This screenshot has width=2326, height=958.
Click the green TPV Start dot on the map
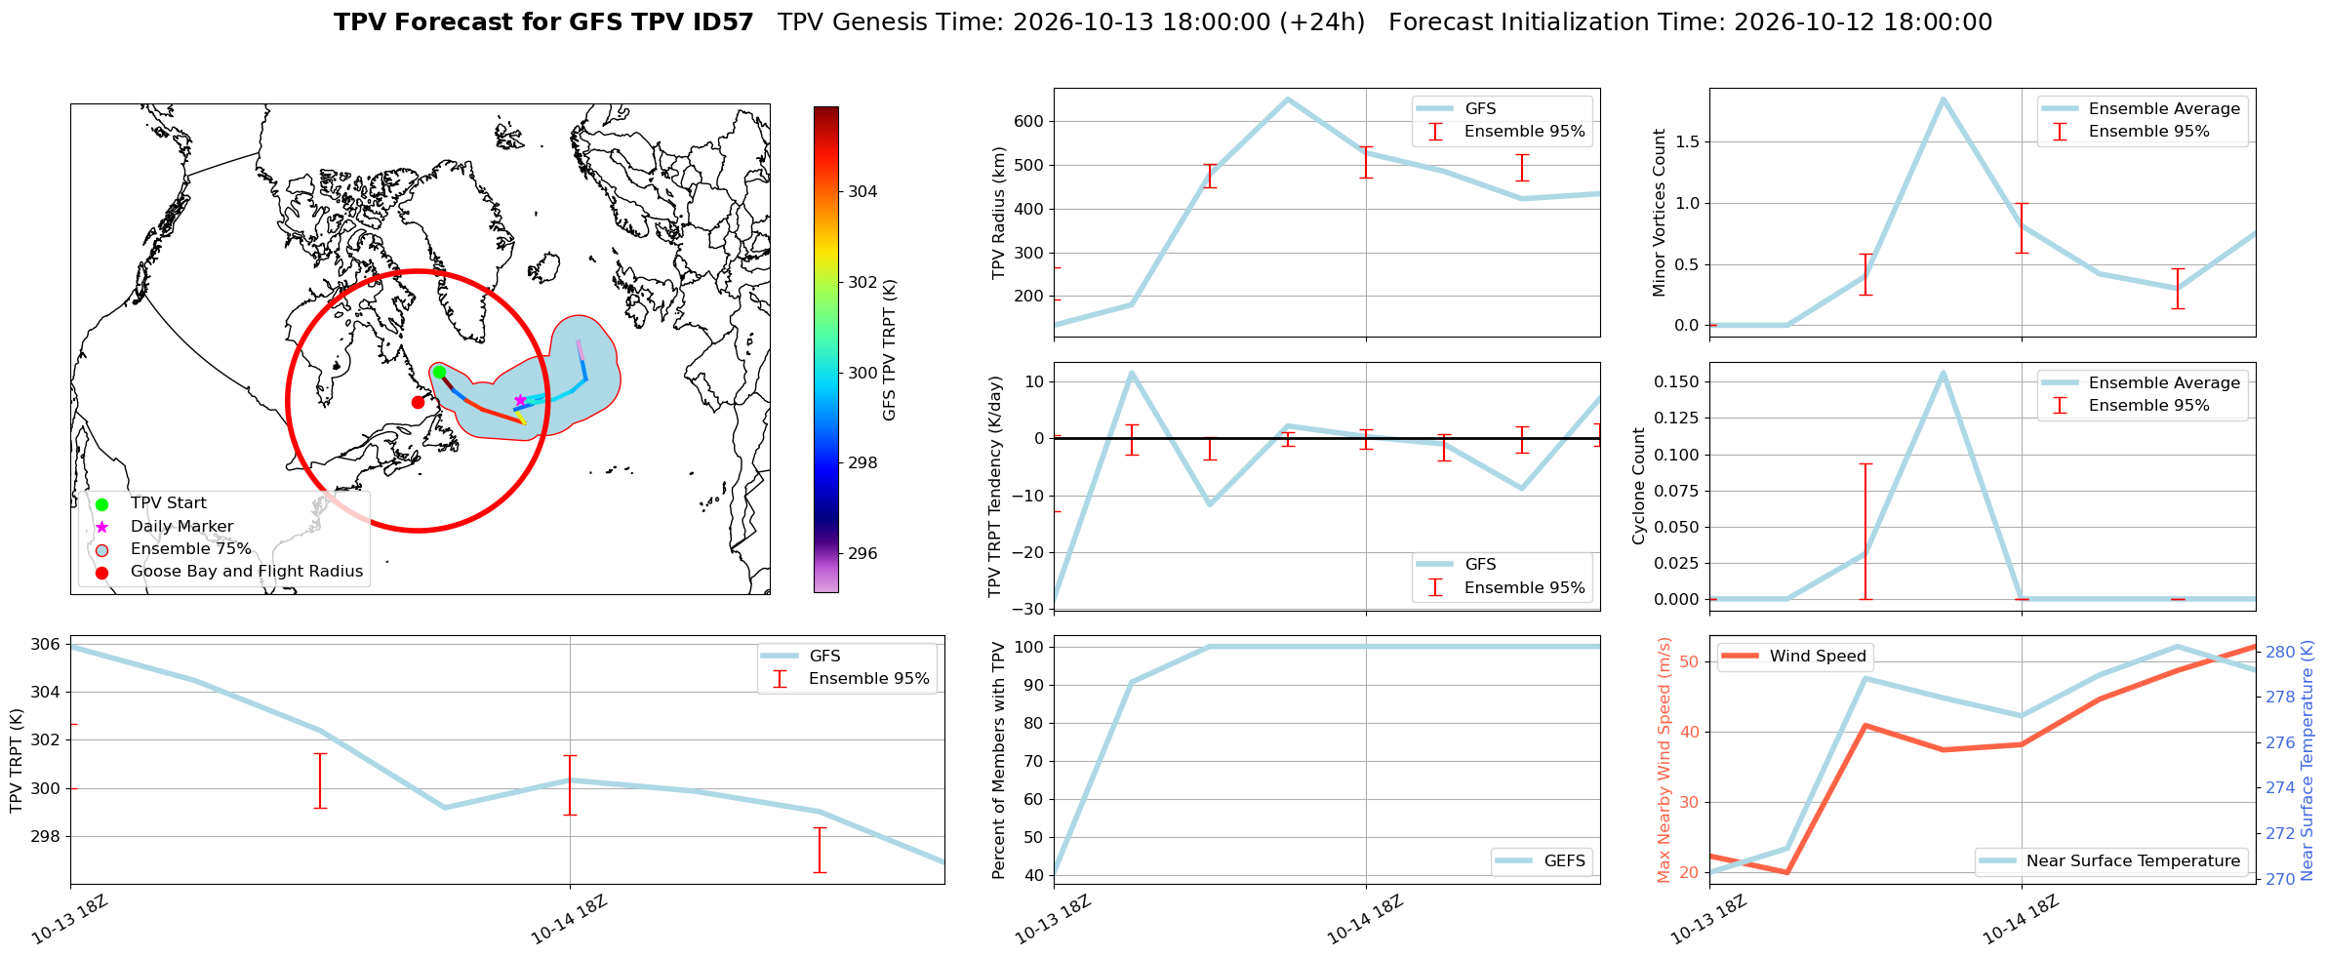(439, 372)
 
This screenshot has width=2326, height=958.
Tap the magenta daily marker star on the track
(520, 400)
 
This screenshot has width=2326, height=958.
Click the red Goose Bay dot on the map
(418, 402)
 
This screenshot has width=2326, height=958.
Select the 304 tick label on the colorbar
(862, 191)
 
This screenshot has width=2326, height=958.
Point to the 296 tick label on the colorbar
(862, 553)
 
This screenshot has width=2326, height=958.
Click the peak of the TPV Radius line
(1288, 99)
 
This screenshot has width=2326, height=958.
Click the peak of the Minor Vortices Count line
(1943, 98)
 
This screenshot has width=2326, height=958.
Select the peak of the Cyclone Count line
(1943, 372)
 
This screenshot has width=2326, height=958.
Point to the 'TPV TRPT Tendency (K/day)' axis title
(995, 486)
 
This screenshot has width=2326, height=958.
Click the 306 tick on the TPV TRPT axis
(46, 644)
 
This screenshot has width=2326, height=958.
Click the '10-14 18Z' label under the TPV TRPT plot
(570, 919)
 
